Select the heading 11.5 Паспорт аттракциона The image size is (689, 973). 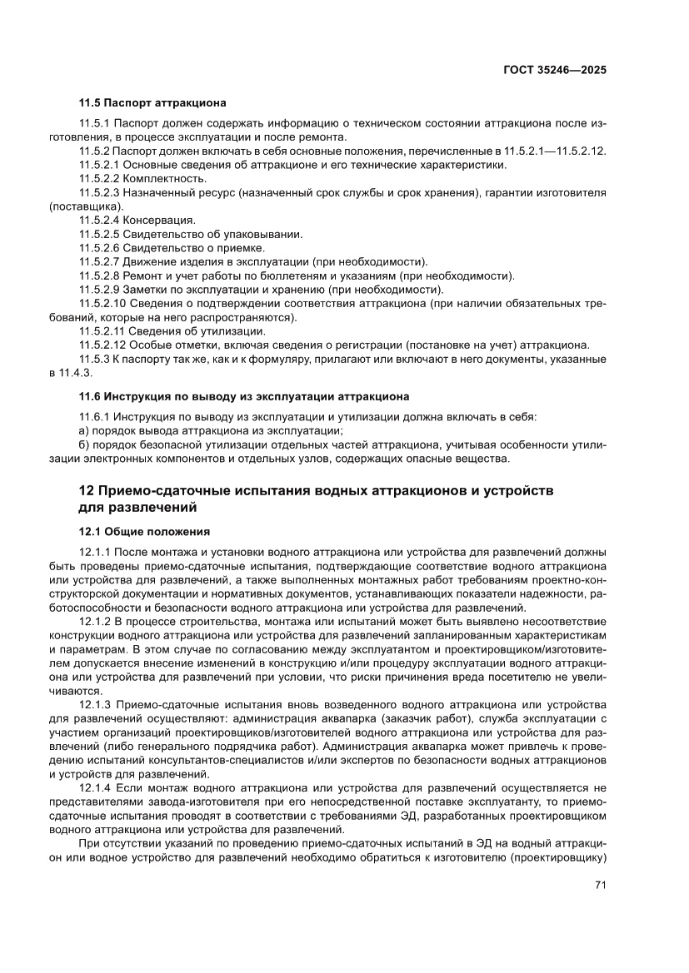152,104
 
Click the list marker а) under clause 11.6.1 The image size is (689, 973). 83,430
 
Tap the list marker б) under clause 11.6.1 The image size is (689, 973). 83,444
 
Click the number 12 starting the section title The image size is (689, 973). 86,489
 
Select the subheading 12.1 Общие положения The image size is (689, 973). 144,530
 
